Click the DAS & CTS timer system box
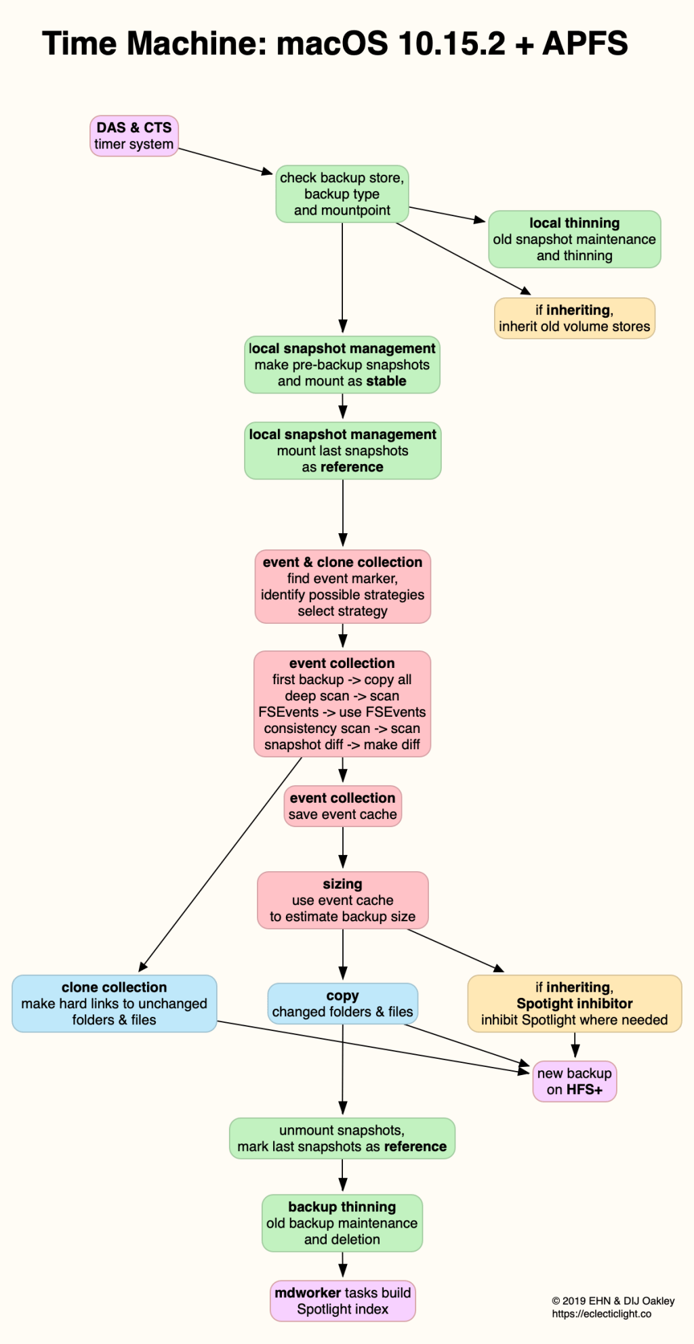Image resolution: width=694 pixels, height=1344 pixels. (134, 136)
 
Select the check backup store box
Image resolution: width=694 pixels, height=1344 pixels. (342, 194)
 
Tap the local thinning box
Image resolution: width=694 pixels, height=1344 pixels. (574, 239)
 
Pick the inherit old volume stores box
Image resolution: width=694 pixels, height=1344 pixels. (574, 318)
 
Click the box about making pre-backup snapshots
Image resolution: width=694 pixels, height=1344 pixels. (342, 365)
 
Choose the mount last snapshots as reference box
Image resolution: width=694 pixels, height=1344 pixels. (342, 451)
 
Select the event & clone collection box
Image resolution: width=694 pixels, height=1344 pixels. (342, 587)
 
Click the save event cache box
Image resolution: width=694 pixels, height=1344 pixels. (342, 806)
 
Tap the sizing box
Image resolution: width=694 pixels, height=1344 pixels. (342, 900)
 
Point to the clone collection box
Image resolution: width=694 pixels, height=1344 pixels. (114, 1004)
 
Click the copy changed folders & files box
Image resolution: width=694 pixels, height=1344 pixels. (342, 1004)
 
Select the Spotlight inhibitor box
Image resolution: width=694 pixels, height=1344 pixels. (574, 1004)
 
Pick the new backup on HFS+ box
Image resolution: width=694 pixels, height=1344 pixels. (574, 1081)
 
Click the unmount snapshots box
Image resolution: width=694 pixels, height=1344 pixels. (342, 1139)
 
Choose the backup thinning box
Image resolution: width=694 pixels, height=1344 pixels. (342, 1223)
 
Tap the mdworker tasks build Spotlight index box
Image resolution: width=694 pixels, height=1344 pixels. (342, 1301)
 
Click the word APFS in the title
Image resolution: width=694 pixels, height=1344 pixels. (585, 44)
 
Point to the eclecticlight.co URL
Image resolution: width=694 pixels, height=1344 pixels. (601, 1314)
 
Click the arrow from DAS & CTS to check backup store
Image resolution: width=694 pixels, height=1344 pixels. (225, 161)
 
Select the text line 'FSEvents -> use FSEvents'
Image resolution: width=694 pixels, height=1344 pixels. (342, 712)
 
